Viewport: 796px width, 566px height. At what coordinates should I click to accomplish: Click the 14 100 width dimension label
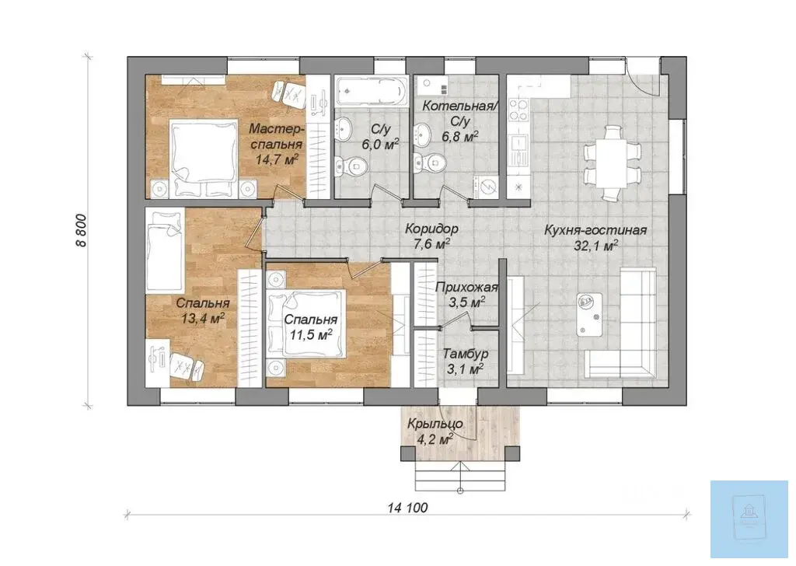pyautogui.click(x=407, y=507)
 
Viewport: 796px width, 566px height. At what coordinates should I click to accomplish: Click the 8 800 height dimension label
pyautogui.click(x=81, y=230)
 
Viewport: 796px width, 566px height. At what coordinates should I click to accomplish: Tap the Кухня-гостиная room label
pyautogui.click(x=595, y=230)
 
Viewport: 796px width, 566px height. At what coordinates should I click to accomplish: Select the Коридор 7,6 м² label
pyautogui.click(x=431, y=236)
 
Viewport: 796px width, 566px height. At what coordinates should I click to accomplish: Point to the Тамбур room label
pyautogui.click(x=466, y=353)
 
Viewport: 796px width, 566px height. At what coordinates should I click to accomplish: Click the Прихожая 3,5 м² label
pyautogui.click(x=466, y=295)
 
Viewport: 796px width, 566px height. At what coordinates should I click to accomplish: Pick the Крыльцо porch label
pyautogui.click(x=435, y=424)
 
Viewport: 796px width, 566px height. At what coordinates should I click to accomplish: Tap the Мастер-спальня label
pyautogui.click(x=276, y=136)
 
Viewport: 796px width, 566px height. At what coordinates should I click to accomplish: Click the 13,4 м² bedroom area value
pyautogui.click(x=203, y=318)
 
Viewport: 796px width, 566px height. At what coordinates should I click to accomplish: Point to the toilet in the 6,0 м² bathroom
pyautogui.click(x=351, y=165)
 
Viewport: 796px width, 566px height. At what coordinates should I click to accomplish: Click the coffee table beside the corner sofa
pyautogui.click(x=589, y=314)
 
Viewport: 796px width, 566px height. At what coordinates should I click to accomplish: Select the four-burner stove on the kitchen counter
pyautogui.click(x=518, y=110)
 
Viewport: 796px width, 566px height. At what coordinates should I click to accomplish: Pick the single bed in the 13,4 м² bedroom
pyautogui.click(x=165, y=251)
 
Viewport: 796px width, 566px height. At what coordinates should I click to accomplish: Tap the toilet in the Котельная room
pyautogui.click(x=430, y=162)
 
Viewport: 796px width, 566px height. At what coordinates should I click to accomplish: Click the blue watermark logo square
pyautogui.click(x=749, y=519)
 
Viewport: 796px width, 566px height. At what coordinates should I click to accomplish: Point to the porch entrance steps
pyautogui.click(x=460, y=476)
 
